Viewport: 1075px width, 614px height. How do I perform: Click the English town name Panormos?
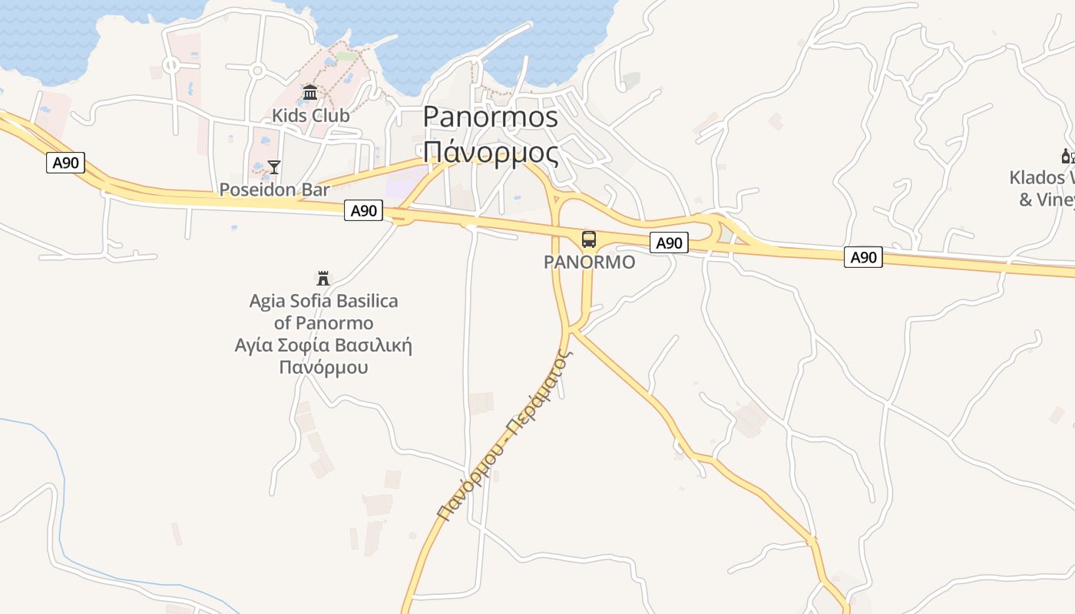[490, 116]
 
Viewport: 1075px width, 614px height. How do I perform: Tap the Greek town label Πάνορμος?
[490, 152]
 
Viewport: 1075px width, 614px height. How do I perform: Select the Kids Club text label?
[310, 115]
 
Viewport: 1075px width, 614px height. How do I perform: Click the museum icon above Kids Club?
[310, 93]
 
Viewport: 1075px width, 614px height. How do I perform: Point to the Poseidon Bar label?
[274, 190]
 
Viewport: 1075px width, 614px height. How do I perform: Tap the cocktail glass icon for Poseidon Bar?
[274, 167]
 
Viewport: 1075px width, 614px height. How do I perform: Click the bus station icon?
[589, 239]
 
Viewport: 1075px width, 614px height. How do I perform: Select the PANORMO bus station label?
[589, 262]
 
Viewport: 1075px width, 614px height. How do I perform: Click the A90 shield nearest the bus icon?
[669, 243]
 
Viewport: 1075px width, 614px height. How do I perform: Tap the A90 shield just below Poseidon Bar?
[363, 210]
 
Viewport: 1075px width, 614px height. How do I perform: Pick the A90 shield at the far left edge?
[65, 162]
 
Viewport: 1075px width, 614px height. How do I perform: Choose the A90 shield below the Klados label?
[863, 257]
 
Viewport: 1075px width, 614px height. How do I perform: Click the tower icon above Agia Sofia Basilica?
[323, 278]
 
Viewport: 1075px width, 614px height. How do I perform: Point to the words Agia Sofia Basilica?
[323, 301]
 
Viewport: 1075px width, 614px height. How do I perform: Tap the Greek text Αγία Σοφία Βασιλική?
[323, 345]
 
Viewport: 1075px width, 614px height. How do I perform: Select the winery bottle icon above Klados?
[1067, 156]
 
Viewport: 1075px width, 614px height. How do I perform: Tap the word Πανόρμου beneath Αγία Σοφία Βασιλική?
[323, 367]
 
